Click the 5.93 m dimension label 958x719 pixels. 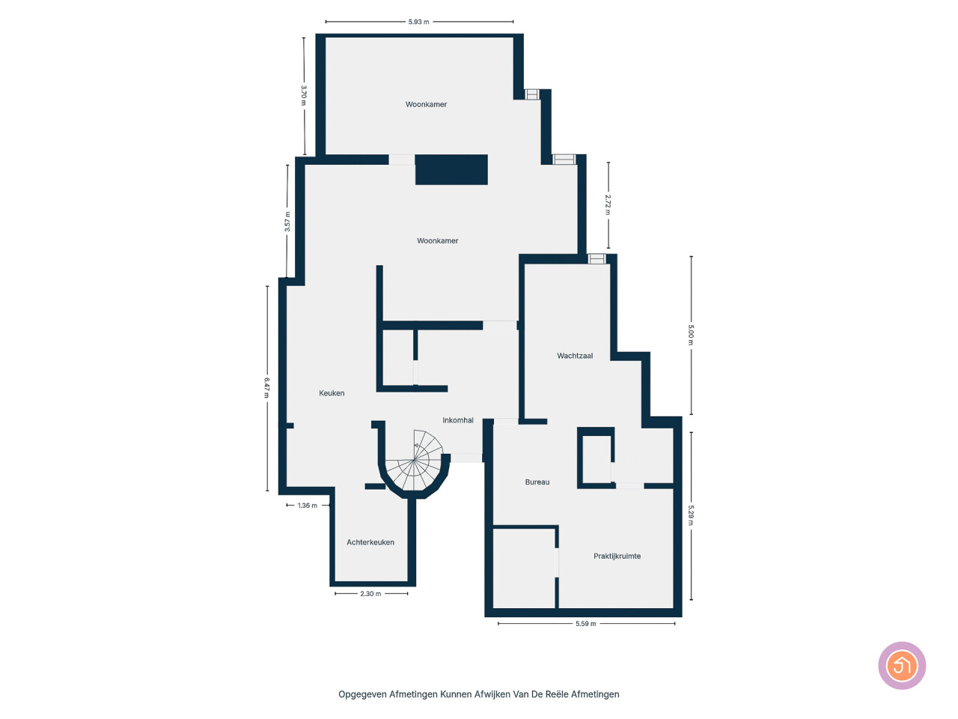(418, 22)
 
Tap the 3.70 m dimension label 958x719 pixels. (304, 95)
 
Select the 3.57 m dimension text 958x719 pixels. (287, 222)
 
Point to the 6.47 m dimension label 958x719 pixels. (266, 388)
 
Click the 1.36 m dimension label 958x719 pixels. (308, 506)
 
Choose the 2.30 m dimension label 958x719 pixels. (370, 594)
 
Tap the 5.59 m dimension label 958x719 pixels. (585, 624)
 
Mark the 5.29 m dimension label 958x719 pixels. (691, 515)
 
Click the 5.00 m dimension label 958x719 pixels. (691, 335)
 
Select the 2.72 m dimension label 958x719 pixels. (608, 204)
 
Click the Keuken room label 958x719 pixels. (332, 393)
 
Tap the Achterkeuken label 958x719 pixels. (370, 542)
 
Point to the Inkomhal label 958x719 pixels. (458, 420)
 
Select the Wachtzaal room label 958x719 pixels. (575, 356)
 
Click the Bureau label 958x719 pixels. (537, 482)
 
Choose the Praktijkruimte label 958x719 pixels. (617, 556)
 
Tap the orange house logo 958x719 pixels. (902, 665)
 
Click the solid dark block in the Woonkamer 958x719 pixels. (451, 169)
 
